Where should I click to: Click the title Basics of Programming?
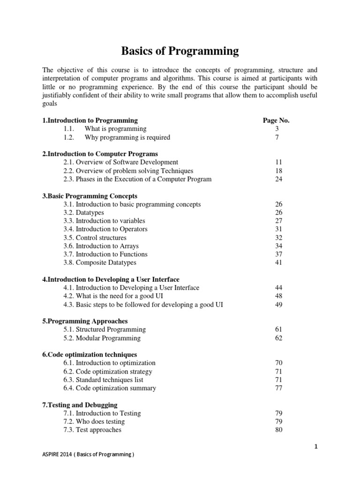tap(180, 51)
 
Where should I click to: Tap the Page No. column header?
tap(276, 120)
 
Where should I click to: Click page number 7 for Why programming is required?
tap(277, 137)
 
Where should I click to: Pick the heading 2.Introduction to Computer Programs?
tap(100, 154)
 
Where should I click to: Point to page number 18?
tap(279, 171)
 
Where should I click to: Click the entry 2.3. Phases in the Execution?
tap(137, 179)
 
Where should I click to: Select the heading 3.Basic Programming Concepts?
tap(90, 196)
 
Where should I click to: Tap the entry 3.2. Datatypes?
tap(84, 213)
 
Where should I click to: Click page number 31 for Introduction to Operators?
tap(279, 229)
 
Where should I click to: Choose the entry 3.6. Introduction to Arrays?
tap(101, 246)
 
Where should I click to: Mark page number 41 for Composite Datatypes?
tap(279, 263)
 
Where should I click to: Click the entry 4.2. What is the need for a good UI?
tap(113, 296)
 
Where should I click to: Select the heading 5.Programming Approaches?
tap(85, 321)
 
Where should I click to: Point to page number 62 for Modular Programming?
tap(279, 338)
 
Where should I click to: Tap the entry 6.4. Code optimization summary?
tap(110, 388)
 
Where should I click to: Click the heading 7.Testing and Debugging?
tap(80, 405)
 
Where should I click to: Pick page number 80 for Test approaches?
tap(279, 430)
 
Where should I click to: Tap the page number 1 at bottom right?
tap(316, 447)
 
